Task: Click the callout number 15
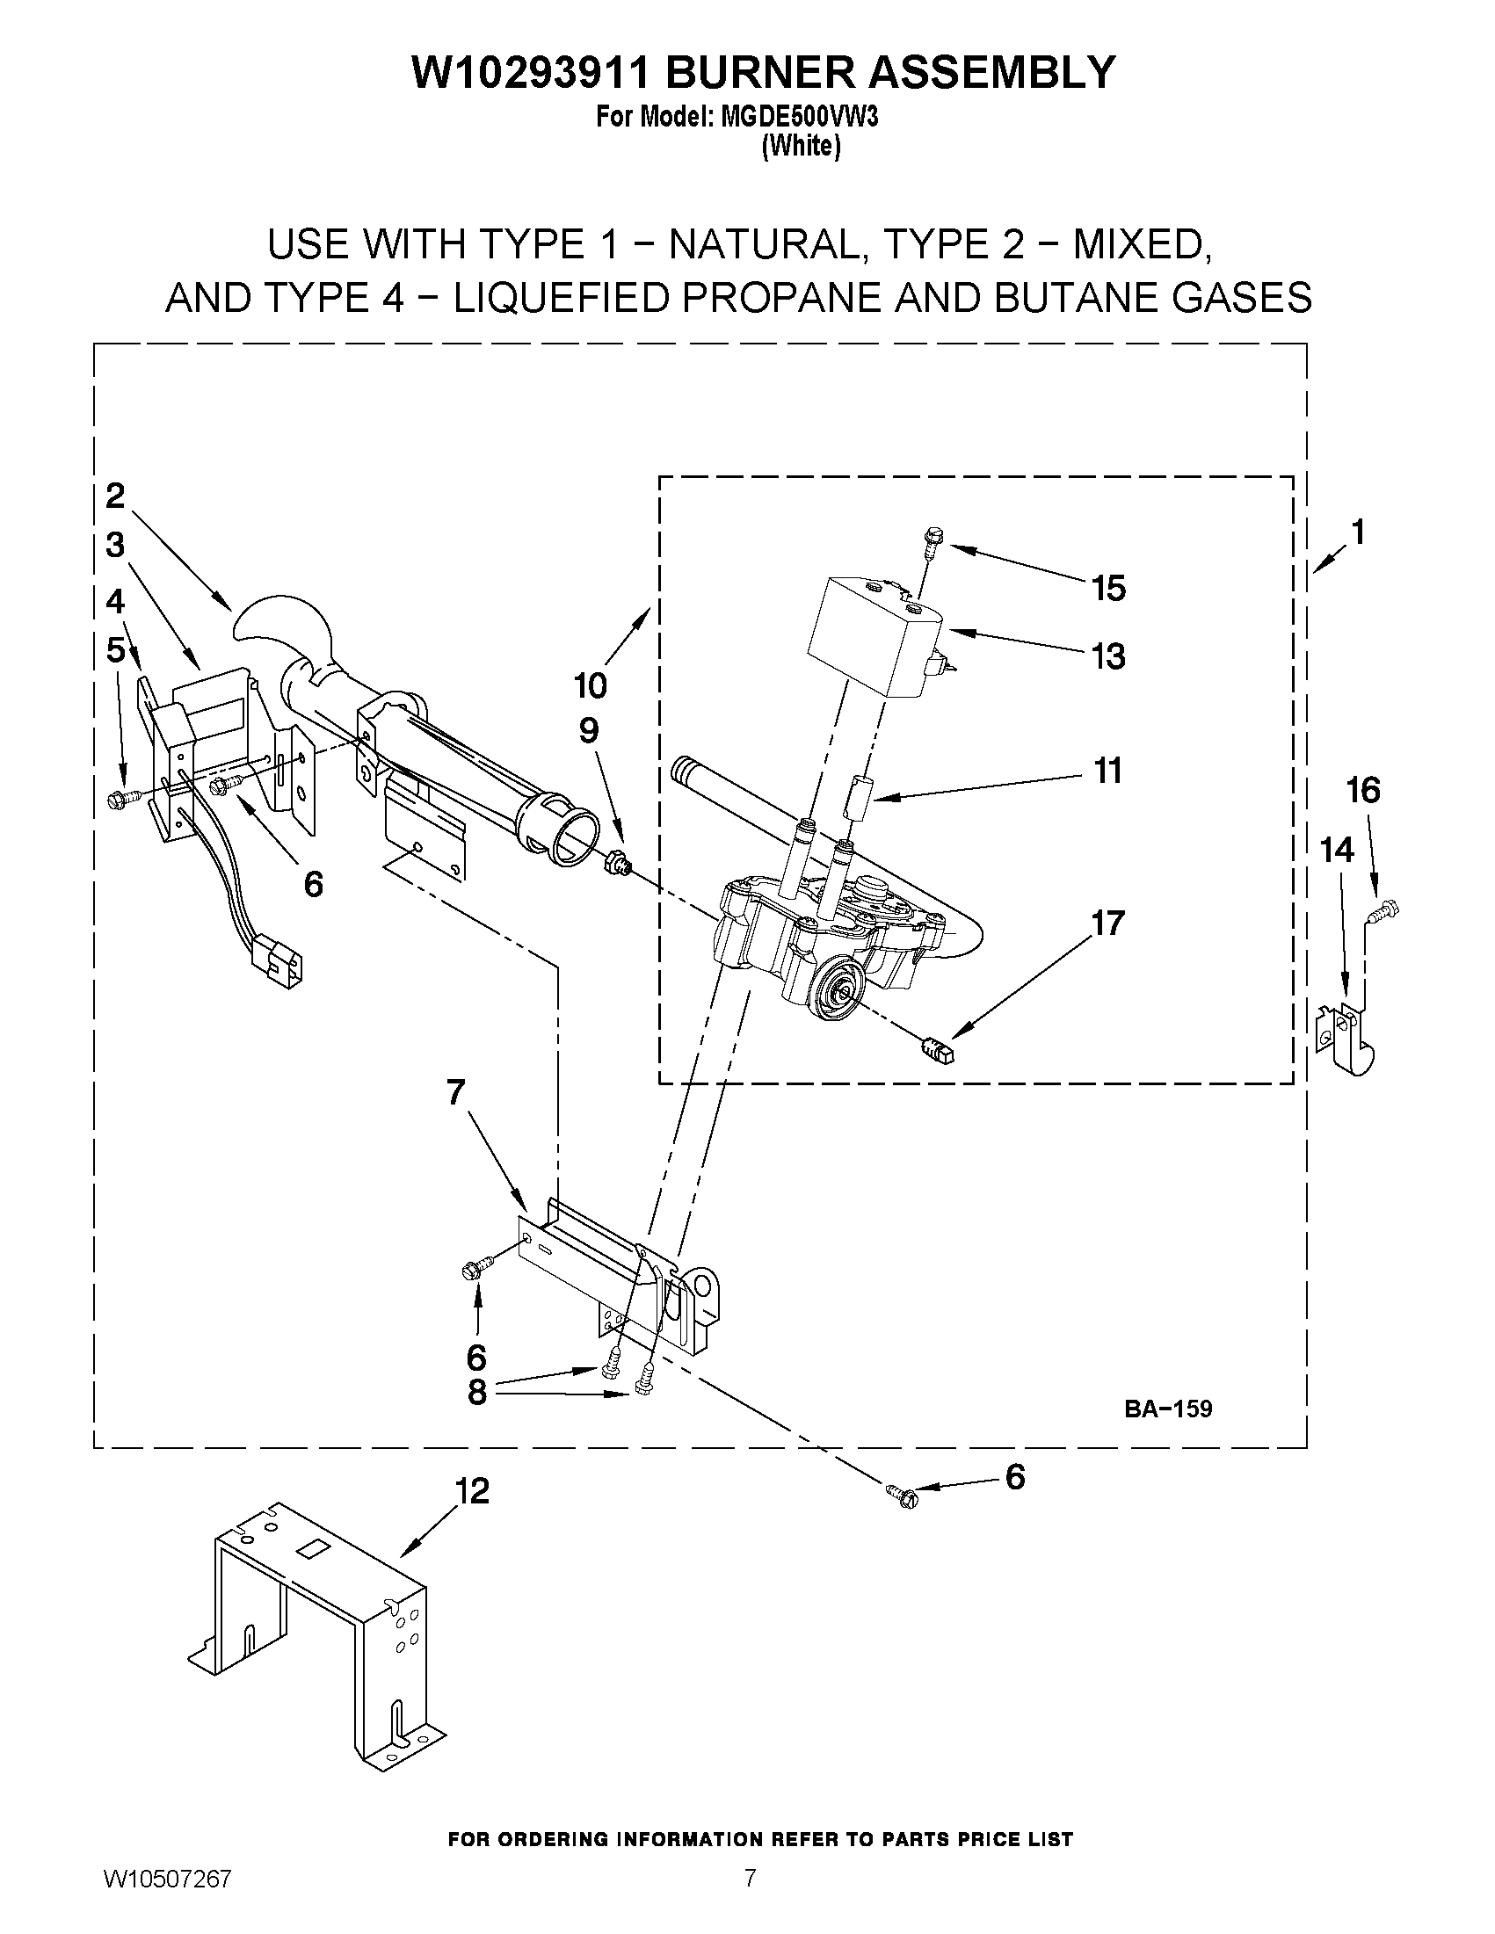[x=1108, y=588]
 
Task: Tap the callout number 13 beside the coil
[x=1107, y=656]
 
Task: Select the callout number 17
[x=1107, y=923]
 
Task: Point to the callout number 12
[x=473, y=1491]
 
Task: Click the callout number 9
[x=589, y=730]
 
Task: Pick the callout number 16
[x=1363, y=789]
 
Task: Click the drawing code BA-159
[x=1167, y=1409]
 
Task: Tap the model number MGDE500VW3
[x=800, y=118]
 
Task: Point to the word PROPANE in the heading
[x=779, y=298]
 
